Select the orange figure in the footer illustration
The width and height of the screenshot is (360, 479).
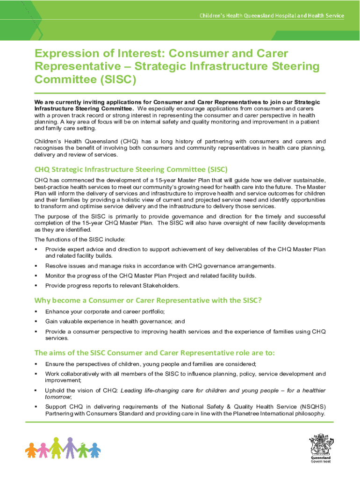point(32,450)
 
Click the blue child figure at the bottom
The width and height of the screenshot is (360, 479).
point(95,450)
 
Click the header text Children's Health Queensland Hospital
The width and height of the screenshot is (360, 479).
point(273,16)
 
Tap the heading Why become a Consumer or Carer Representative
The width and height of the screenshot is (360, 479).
point(148,300)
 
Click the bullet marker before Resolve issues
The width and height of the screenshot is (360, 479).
point(36,266)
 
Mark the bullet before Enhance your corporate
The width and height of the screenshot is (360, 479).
point(36,312)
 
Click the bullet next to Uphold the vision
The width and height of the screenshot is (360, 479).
point(36,390)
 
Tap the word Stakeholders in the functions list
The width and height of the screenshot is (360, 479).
point(158,285)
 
